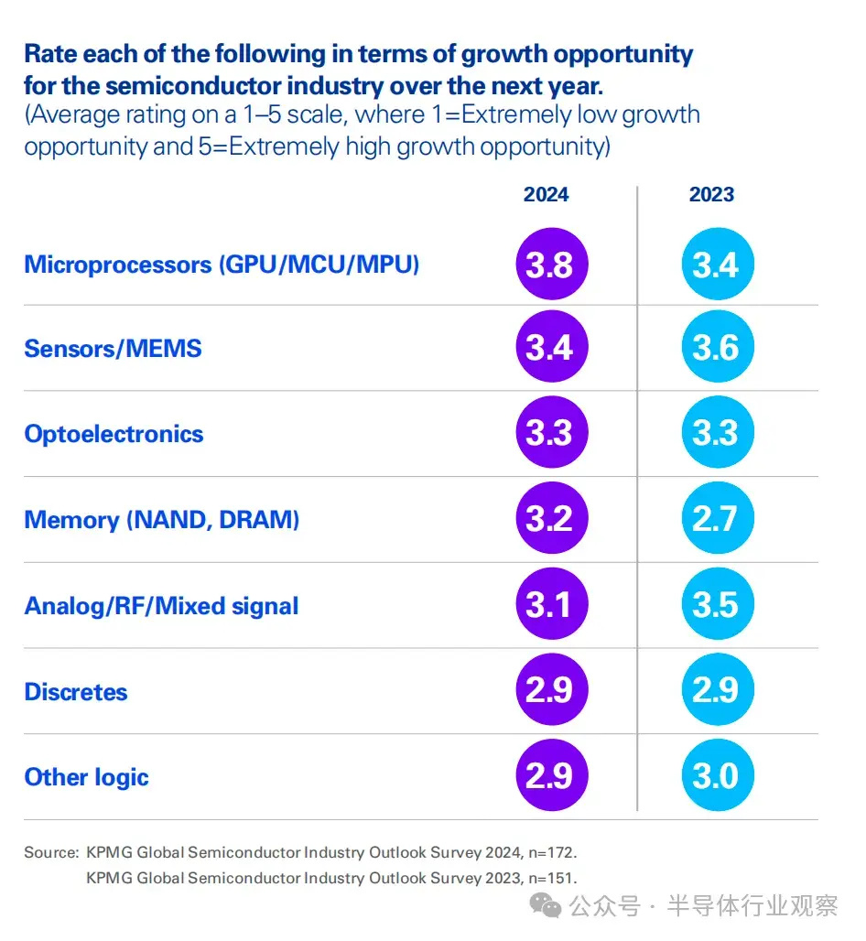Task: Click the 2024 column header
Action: click(x=546, y=194)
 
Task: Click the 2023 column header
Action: click(x=711, y=194)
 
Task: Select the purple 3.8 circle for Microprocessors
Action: click(x=551, y=264)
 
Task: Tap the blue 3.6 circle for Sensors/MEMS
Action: click(x=718, y=346)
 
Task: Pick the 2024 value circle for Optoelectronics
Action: click(x=551, y=432)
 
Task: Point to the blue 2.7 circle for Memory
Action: click(x=718, y=518)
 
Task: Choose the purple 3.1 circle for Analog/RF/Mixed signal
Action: click(x=551, y=604)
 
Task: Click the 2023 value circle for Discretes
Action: click(x=718, y=689)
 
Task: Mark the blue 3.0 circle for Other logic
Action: click(x=718, y=775)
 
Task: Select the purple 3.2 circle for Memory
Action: click(x=551, y=518)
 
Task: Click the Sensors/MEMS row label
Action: click(x=113, y=349)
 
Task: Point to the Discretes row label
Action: click(x=76, y=692)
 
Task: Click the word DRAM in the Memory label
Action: click(x=259, y=520)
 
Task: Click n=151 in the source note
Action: click(x=552, y=878)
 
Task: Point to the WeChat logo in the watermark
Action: click(x=545, y=905)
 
